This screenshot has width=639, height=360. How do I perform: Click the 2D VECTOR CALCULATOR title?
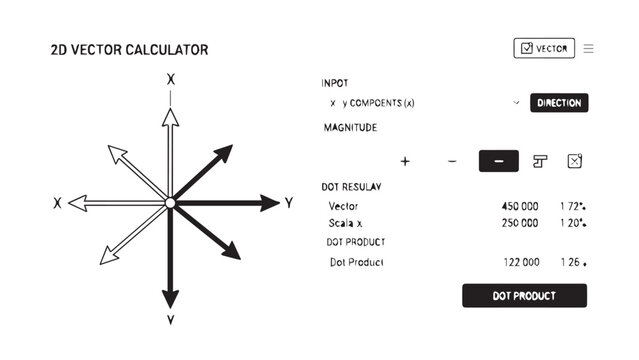tap(129, 49)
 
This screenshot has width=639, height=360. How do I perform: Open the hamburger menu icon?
tap(589, 49)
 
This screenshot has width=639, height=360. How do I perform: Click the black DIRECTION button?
tap(558, 103)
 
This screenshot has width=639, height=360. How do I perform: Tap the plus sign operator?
tap(405, 161)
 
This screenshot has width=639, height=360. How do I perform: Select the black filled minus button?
tap(499, 161)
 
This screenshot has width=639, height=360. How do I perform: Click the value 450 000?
tap(520, 206)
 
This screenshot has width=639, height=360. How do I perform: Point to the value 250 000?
tap(520, 223)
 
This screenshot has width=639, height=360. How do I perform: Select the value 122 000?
tap(520, 262)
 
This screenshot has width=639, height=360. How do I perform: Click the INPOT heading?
tap(335, 83)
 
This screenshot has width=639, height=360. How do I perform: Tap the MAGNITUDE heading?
tap(350, 128)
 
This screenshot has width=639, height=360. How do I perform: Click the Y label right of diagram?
tap(288, 203)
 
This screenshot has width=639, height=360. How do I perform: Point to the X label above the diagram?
tap(171, 79)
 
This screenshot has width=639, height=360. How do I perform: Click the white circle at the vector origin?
tap(170, 203)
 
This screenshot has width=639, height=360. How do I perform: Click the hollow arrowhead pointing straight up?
tap(170, 115)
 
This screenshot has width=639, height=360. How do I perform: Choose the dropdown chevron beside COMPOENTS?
tap(516, 103)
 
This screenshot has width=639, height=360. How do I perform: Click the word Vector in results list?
tap(343, 206)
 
